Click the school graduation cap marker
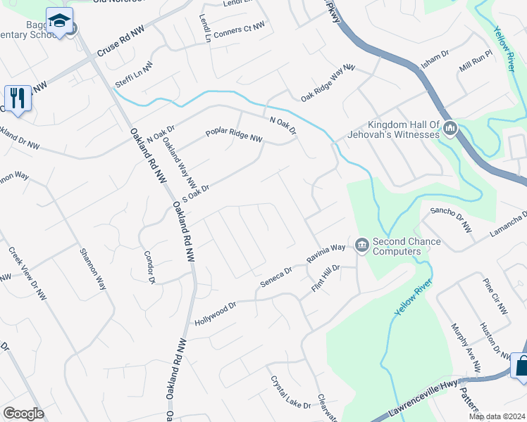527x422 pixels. coord(60,21)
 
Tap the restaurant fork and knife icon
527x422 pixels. coord(17,97)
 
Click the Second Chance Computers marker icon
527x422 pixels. coord(362,245)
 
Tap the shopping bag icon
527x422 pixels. coord(520,366)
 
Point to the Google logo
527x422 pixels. coord(23,413)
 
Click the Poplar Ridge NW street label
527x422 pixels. coord(234,135)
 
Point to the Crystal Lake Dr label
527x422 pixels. coord(290,392)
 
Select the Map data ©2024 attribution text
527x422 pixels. coord(497,416)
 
